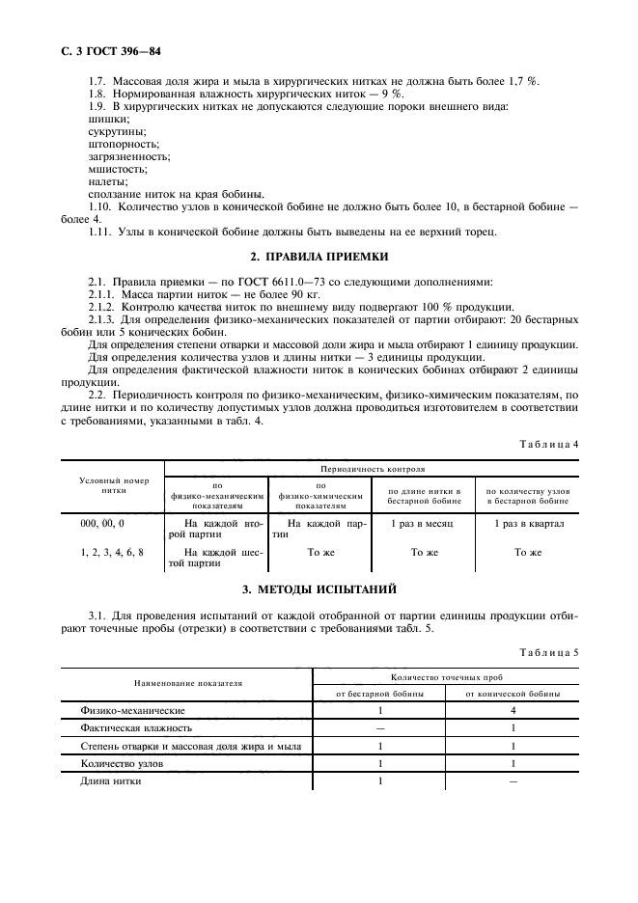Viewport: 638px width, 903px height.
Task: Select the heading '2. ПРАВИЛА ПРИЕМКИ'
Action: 319,257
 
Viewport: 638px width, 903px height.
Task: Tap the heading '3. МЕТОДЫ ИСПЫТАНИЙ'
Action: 319,588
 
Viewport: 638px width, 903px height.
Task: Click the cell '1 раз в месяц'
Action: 418,522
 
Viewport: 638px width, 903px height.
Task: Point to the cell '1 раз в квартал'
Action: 527,522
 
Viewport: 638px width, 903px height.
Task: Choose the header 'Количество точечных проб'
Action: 446,677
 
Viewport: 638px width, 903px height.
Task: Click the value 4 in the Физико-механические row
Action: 513,709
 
